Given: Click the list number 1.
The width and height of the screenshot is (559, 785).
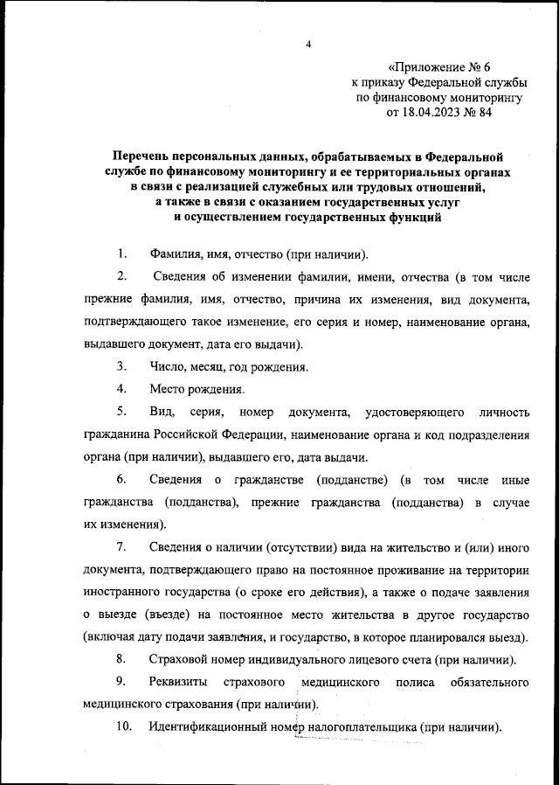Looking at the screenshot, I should tap(122, 254).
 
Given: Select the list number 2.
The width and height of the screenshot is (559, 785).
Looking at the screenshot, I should tap(122, 278).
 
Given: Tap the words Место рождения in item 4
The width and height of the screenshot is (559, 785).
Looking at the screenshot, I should tap(196, 389).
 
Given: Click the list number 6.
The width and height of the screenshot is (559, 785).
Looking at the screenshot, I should tap(122, 480).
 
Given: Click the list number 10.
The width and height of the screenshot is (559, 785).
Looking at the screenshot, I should tap(123, 726).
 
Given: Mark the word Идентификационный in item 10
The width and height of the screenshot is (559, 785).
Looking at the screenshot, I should tap(213, 726).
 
